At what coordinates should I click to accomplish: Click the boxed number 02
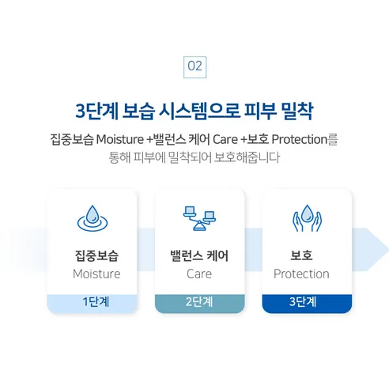(x=194, y=67)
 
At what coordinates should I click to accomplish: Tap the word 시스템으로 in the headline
(x=199, y=111)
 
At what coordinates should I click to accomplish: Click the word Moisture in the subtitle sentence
(x=120, y=139)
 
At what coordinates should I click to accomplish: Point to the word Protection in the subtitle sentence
(x=299, y=139)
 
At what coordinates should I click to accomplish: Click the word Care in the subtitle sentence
(x=225, y=139)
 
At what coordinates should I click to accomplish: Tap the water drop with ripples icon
(x=93, y=218)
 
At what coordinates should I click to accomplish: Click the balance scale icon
(x=199, y=218)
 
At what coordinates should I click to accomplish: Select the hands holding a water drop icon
(x=307, y=218)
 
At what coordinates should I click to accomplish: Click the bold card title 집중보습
(x=96, y=255)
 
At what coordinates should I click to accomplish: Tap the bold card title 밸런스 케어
(x=199, y=255)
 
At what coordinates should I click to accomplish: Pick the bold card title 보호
(x=301, y=255)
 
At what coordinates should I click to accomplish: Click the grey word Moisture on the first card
(x=96, y=274)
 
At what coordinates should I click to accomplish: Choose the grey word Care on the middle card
(x=199, y=274)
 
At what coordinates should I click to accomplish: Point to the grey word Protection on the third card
(x=301, y=274)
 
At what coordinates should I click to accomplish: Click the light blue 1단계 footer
(x=93, y=303)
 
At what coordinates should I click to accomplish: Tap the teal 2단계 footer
(x=199, y=303)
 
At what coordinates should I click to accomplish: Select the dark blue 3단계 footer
(x=307, y=303)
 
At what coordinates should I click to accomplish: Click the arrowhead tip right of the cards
(x=388, y=249)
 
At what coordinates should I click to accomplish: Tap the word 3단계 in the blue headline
(x=96, y=111)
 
